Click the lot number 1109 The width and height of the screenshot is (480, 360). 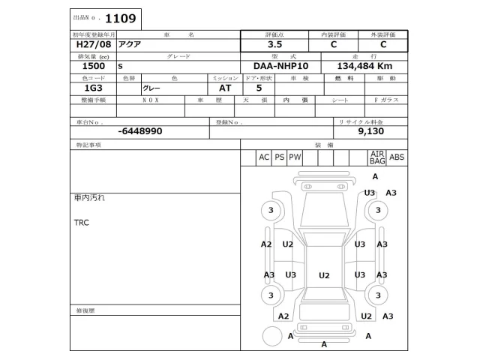(121, 18)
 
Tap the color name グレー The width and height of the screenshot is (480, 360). (151, 88)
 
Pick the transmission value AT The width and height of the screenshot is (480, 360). (225, 88)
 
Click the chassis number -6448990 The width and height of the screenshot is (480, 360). (140, 131)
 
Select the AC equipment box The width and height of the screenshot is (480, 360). (263, 157)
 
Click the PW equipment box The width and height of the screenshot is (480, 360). (295, 157)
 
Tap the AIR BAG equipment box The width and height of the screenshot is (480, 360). (376, 157)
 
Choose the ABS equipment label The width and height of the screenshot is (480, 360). (397, 157)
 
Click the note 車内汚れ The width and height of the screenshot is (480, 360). (89, 197)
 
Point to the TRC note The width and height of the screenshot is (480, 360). (81, 223)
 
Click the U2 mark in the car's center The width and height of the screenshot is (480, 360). (324, 276)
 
